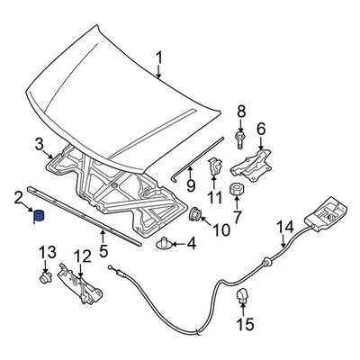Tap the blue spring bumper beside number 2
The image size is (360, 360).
coord(38,216)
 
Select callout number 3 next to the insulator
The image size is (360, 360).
coord(39,144)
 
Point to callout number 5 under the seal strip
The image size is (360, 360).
coord(103,252)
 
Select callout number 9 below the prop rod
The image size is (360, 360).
coord(191,186)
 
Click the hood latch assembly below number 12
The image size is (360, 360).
coord(79,281)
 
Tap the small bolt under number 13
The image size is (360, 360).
coord(44,280)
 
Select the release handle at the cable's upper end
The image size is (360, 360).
coord(322,214)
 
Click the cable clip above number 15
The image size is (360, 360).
coord(241,297)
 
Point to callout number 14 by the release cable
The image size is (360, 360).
coord(285,227)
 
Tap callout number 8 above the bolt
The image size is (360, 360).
coord(240,112)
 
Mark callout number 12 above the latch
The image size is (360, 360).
coord(81,256)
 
